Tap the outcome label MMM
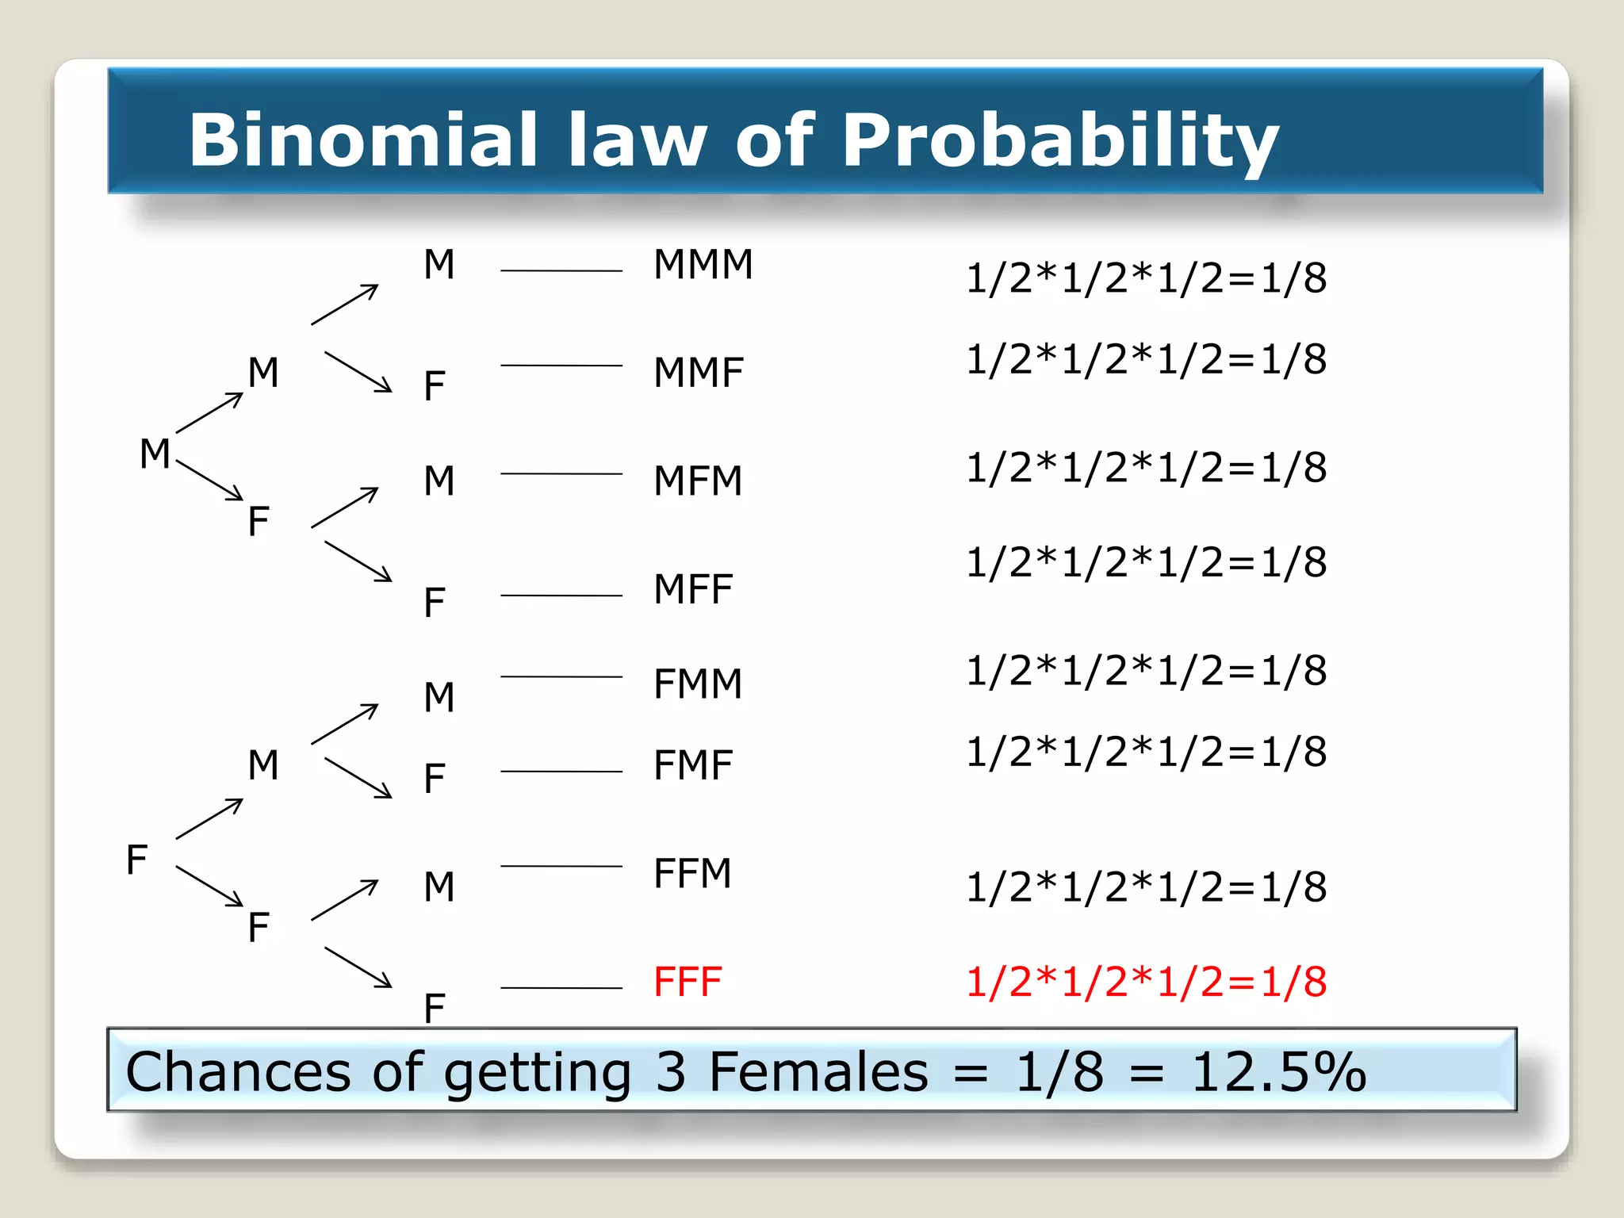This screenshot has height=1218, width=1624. click(x=703, y=264)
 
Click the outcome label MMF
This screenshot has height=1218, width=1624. click(x=699, y=373)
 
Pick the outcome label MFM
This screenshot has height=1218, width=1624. click(x=698, y=481)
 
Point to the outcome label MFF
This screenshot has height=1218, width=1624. click(x=692, y=589)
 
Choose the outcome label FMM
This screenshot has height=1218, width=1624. click(x=698, y=684)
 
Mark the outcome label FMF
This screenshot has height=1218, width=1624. click(x=692, y=765)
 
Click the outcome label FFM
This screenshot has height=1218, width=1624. click(x=691, y=873)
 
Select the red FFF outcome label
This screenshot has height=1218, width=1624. click(x=687, y=982)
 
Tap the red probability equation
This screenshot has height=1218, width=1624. click(x=1146, y=982)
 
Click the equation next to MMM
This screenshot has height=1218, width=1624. click(x=1146, y=278)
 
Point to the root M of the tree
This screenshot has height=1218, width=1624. click(x=155, y=454)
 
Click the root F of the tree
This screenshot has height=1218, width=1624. click(x=136, y=860)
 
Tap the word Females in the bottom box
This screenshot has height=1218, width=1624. click(x=818, y=1072)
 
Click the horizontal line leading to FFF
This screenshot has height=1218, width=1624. click(x=561, y=988)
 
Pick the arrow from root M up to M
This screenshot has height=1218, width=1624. click(x=209, y=412)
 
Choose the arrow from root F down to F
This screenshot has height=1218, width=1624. click(x=209, y=886)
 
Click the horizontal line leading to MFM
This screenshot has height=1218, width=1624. click(x=561, y=473)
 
